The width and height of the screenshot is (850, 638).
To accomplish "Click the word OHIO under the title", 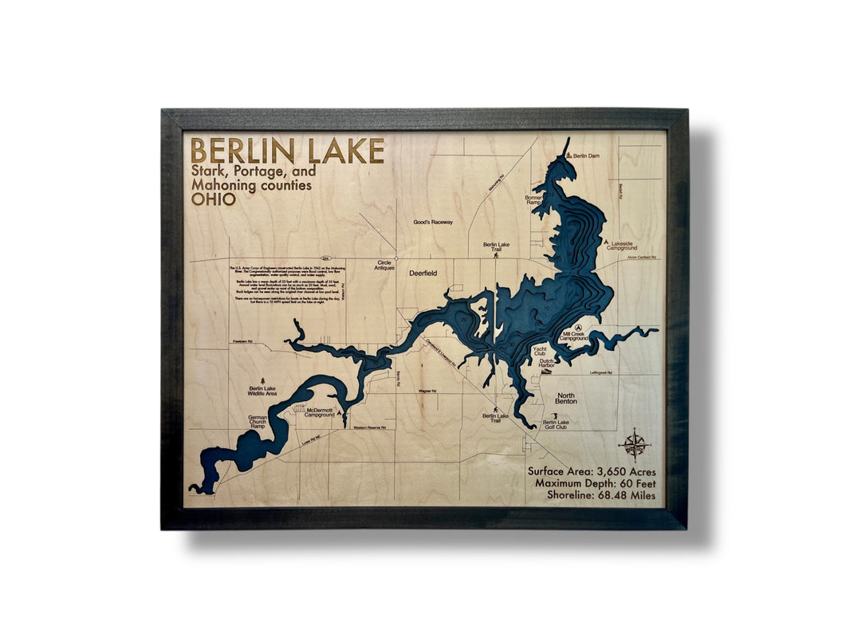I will click(x=214, y=199).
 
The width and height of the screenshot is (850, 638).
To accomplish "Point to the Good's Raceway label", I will click(x=433, y=223).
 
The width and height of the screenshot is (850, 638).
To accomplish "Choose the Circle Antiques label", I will click(x=385, y=265).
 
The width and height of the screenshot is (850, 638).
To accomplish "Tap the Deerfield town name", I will click(x=423, y=274).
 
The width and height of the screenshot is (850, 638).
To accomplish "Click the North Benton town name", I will click(x=566, y=399).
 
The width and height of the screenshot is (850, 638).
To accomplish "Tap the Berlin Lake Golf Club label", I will click(x=556, y=424).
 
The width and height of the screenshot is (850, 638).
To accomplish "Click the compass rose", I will click(x=635, y=443).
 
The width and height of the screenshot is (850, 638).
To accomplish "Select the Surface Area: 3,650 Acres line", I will click(x=596, y=471).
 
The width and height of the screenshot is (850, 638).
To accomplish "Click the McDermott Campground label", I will click(x=319, y=412).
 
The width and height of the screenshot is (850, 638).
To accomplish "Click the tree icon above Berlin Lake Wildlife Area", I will click(x=263, y=380).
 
